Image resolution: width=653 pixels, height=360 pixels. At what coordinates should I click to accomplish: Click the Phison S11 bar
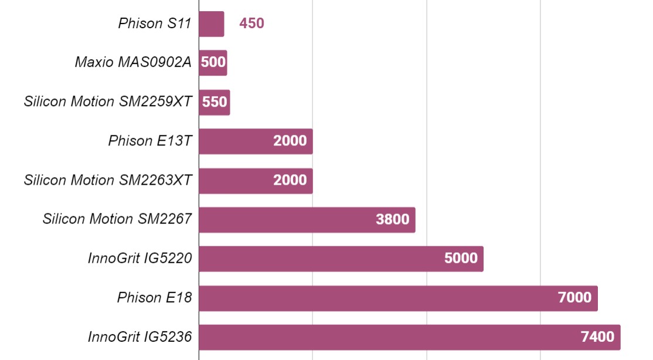pos(212,24)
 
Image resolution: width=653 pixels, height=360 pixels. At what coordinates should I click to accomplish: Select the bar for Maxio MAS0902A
pos(213,63)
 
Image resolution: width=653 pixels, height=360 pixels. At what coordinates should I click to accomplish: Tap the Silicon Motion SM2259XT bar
pos(215,102)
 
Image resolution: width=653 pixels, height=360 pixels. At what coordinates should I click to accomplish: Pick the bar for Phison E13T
pos(256,141)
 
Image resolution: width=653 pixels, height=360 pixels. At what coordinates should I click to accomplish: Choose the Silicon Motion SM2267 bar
pos(307,220)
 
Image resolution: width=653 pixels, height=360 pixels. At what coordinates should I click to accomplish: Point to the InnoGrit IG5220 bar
pos(342,259)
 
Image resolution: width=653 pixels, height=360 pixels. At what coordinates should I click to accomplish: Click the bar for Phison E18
pos(399,298)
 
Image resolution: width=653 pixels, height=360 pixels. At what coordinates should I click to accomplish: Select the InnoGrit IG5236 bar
pos(410,338)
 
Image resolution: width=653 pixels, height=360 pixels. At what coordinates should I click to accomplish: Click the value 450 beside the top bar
pos(251,23)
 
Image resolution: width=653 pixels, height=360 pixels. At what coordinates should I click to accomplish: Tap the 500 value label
pos(213,62)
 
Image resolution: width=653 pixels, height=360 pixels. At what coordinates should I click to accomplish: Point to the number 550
pos(215,101)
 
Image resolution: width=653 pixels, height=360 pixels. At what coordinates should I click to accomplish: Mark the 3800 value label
pos(392,219)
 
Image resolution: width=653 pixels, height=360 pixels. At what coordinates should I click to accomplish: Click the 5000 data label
pos(461,258)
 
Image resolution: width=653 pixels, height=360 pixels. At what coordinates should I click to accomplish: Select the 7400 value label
pos(598,337)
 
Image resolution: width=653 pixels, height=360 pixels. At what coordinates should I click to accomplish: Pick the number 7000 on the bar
pos(574,297)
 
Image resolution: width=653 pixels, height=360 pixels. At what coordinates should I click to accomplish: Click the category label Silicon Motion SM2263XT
pos(108,180)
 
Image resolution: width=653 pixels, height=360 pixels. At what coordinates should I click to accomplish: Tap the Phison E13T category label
pos(150,141)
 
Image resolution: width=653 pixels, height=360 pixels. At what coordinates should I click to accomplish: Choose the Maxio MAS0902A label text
pos(133,62)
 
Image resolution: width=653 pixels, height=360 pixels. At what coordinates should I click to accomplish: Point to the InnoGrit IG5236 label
pos(140,337)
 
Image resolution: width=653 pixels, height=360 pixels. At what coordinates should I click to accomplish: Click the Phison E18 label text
pos(155,297)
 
